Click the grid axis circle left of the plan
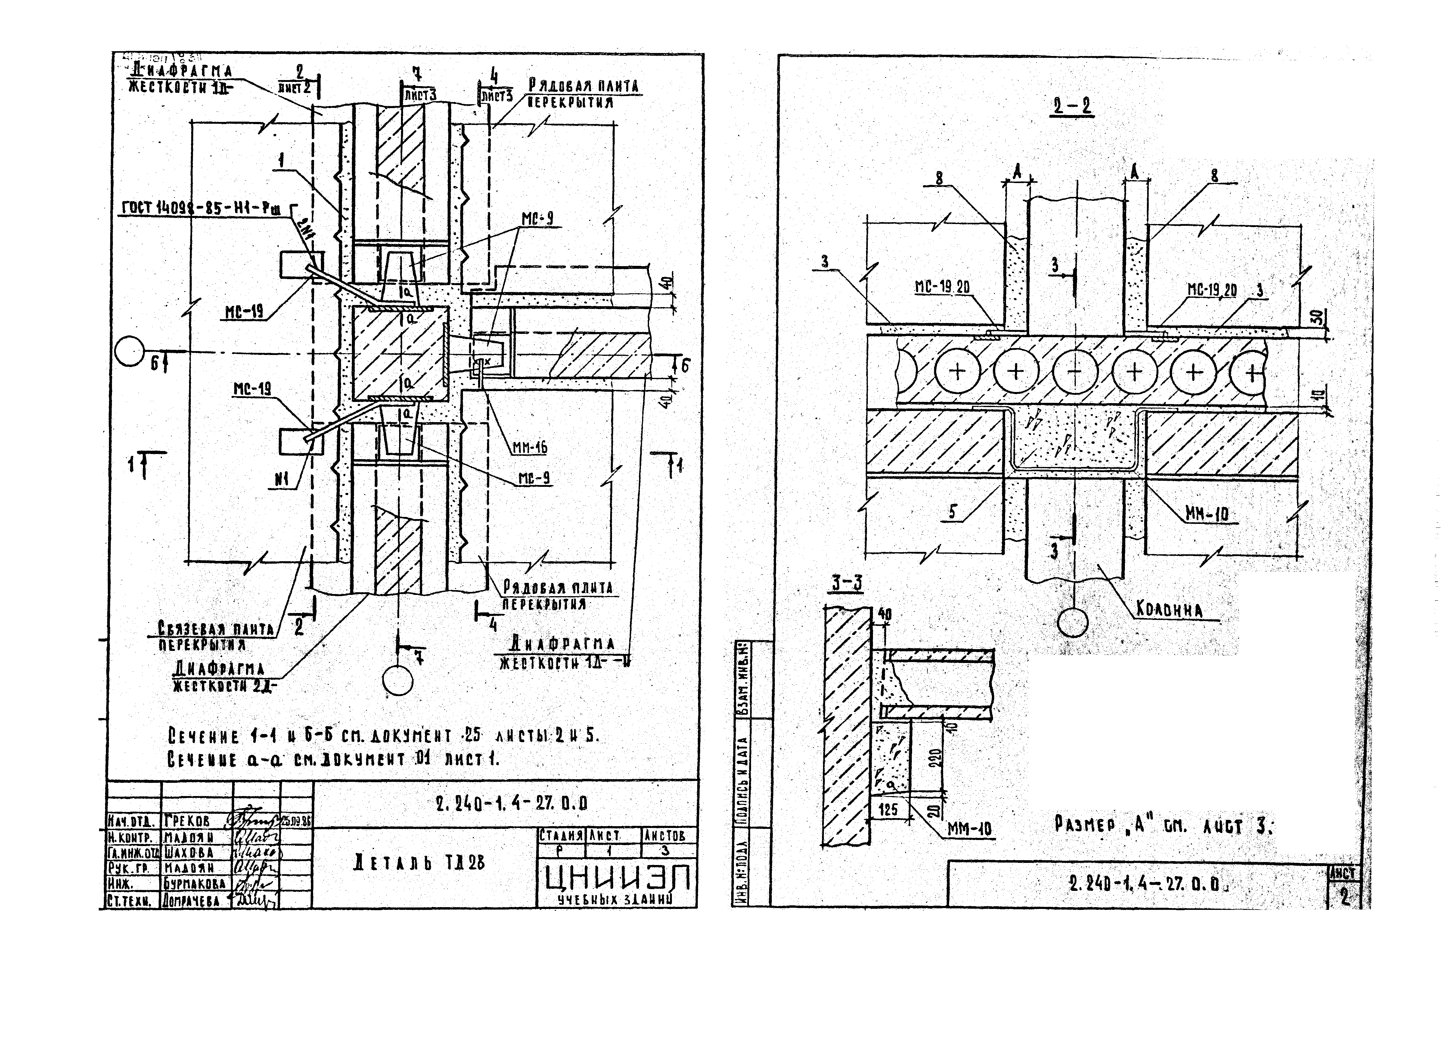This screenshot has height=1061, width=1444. coord(130,352)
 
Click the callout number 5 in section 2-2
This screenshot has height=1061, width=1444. coord(953,511)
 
